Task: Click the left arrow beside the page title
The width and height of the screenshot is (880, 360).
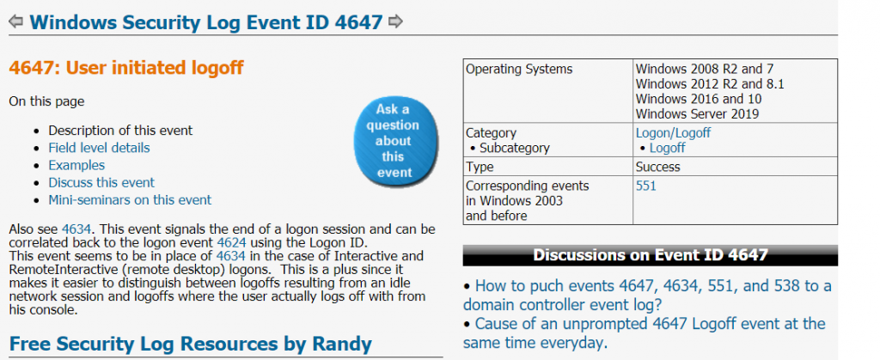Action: coord(15,21)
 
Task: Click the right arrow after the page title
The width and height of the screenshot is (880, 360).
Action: coord(395,21)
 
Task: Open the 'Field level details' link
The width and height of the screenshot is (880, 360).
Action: coord(99,148)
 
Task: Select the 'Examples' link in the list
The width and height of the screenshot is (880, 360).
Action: coord(76,166)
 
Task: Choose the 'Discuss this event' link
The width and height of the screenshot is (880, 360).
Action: coord(101,183)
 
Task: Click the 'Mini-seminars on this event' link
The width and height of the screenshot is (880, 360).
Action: coord(130,200)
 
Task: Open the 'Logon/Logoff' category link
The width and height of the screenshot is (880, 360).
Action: coord(673,133)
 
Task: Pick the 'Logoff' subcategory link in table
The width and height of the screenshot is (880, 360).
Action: coord(667,149)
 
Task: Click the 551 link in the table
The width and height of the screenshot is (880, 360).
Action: coord(646,186)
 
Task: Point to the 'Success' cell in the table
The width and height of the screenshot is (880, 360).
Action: coord(657,167)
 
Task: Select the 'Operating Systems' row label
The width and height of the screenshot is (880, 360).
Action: coord(519,70)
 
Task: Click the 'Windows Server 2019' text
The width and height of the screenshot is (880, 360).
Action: coord(697,114)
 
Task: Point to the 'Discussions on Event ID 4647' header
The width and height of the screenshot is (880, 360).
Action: coord(650,256)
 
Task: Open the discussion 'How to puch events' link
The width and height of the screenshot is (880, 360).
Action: coord(647,295)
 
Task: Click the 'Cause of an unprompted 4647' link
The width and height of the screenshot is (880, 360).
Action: coord(645,333)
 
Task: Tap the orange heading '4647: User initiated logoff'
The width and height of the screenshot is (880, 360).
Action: coord(126,69)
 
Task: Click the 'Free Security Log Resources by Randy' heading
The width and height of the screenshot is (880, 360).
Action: coord(190,344)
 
